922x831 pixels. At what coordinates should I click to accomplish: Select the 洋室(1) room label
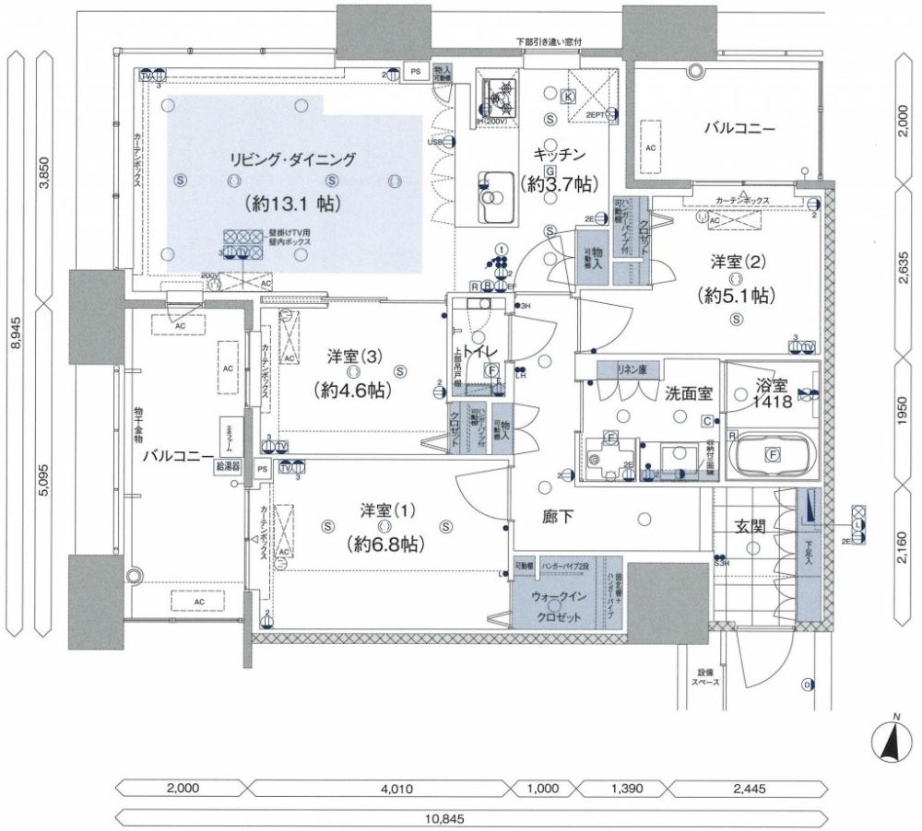coord(386,510)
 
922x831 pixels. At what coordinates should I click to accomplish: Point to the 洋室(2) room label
coord(735,261)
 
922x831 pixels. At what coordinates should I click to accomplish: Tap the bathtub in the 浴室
coord(772,454)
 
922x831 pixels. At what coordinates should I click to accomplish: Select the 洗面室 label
coord(688,393)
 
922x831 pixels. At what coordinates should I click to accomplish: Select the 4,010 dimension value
coord(379,789)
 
